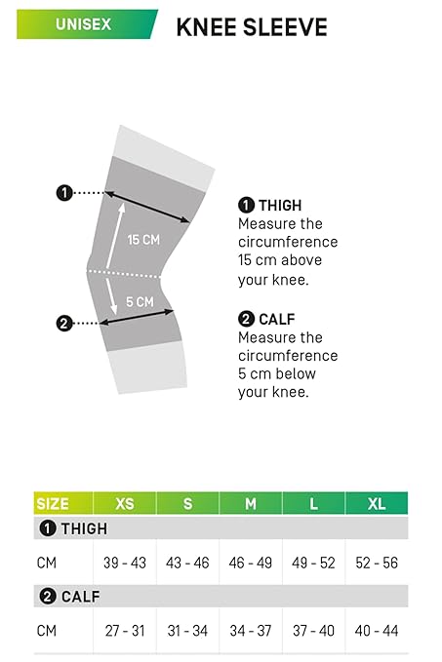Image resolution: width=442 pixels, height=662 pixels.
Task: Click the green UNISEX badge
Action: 87,24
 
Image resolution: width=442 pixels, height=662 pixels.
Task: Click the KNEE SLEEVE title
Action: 252,27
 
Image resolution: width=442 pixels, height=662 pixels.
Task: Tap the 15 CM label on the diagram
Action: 143,240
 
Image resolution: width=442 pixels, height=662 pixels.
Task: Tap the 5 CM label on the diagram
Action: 140,302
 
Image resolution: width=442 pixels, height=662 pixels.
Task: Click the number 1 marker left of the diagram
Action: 64,193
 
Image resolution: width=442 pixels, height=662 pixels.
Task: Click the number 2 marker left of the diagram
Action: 64,324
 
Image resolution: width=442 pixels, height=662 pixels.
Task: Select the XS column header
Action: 125,503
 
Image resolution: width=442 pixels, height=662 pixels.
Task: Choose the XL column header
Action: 377,503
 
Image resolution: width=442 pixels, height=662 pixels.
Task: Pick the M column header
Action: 251,503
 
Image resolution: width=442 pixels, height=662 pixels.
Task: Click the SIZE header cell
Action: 63,503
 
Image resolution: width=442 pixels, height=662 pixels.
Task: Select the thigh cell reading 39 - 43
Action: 125,563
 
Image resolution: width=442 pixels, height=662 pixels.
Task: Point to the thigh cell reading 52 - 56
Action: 377,563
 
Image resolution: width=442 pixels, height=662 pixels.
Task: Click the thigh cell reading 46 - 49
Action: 251,563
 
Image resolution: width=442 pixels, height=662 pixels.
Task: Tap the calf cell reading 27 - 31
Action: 125,631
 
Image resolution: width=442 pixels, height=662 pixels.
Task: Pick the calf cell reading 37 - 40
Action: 313,631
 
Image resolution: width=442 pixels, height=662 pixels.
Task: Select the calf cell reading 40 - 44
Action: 377,631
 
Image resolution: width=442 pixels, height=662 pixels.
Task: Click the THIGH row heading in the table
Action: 73,528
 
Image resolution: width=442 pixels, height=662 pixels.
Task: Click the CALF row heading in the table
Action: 69,597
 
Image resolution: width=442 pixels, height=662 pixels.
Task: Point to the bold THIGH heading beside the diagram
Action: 270,205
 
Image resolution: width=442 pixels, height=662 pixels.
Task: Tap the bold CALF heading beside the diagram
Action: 266,319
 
